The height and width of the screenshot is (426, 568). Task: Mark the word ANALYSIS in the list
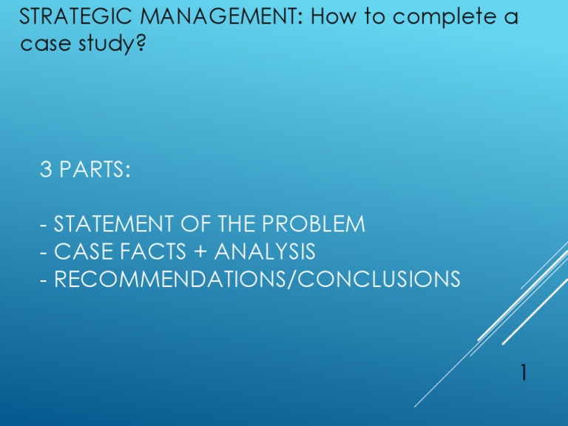point(265,252)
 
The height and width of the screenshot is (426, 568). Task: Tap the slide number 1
point(524,373)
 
